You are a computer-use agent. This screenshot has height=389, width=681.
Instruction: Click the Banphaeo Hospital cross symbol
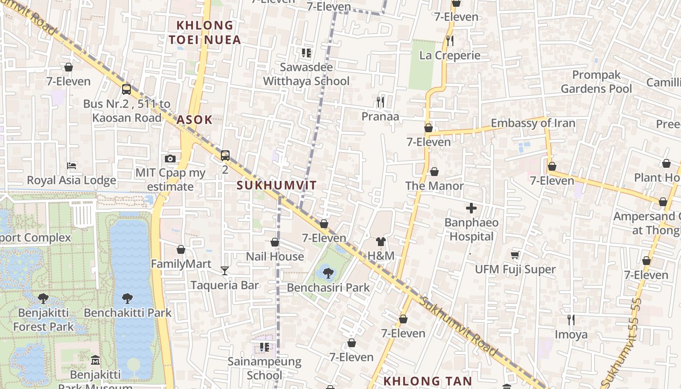(x=471, y=209)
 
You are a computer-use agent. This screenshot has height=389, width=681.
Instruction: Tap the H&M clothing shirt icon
(x=380, y=242)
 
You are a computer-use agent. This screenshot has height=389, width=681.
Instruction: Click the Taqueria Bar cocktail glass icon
(x=224, y=271)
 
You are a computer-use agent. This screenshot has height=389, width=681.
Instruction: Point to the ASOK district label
(x=195, y=120)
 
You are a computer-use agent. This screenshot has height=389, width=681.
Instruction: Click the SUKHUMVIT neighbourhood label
(x=277, y=185)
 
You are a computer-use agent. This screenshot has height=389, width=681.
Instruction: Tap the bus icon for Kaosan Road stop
(x=126, y=89)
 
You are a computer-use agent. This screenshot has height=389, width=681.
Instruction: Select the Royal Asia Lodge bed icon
(x=72, y=166)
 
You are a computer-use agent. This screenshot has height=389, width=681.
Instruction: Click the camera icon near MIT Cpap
(x=170, y=159)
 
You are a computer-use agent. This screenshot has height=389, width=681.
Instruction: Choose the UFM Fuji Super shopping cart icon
(x=515, y=255)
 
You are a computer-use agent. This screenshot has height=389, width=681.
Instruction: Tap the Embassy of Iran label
(x=533, y=123)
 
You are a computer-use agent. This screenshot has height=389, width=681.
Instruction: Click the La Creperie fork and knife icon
(x=450, y=41)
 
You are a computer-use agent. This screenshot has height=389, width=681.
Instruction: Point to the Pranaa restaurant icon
(x=380, y=102)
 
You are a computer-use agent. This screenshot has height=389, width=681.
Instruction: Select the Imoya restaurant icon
(x=571, y=319)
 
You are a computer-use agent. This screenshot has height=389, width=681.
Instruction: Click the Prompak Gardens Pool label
(x=596, y=82)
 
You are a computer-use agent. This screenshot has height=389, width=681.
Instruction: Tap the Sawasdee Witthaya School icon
(x=306, y=53)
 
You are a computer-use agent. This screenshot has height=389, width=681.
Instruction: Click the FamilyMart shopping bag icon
(x=181, y=249)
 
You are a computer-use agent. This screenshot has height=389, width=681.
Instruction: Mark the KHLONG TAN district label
(x=428, y=381)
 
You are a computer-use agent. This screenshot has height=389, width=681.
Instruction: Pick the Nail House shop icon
(x=275, y=242)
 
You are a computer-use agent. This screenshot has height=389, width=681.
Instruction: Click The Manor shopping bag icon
(x=434, y=172)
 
